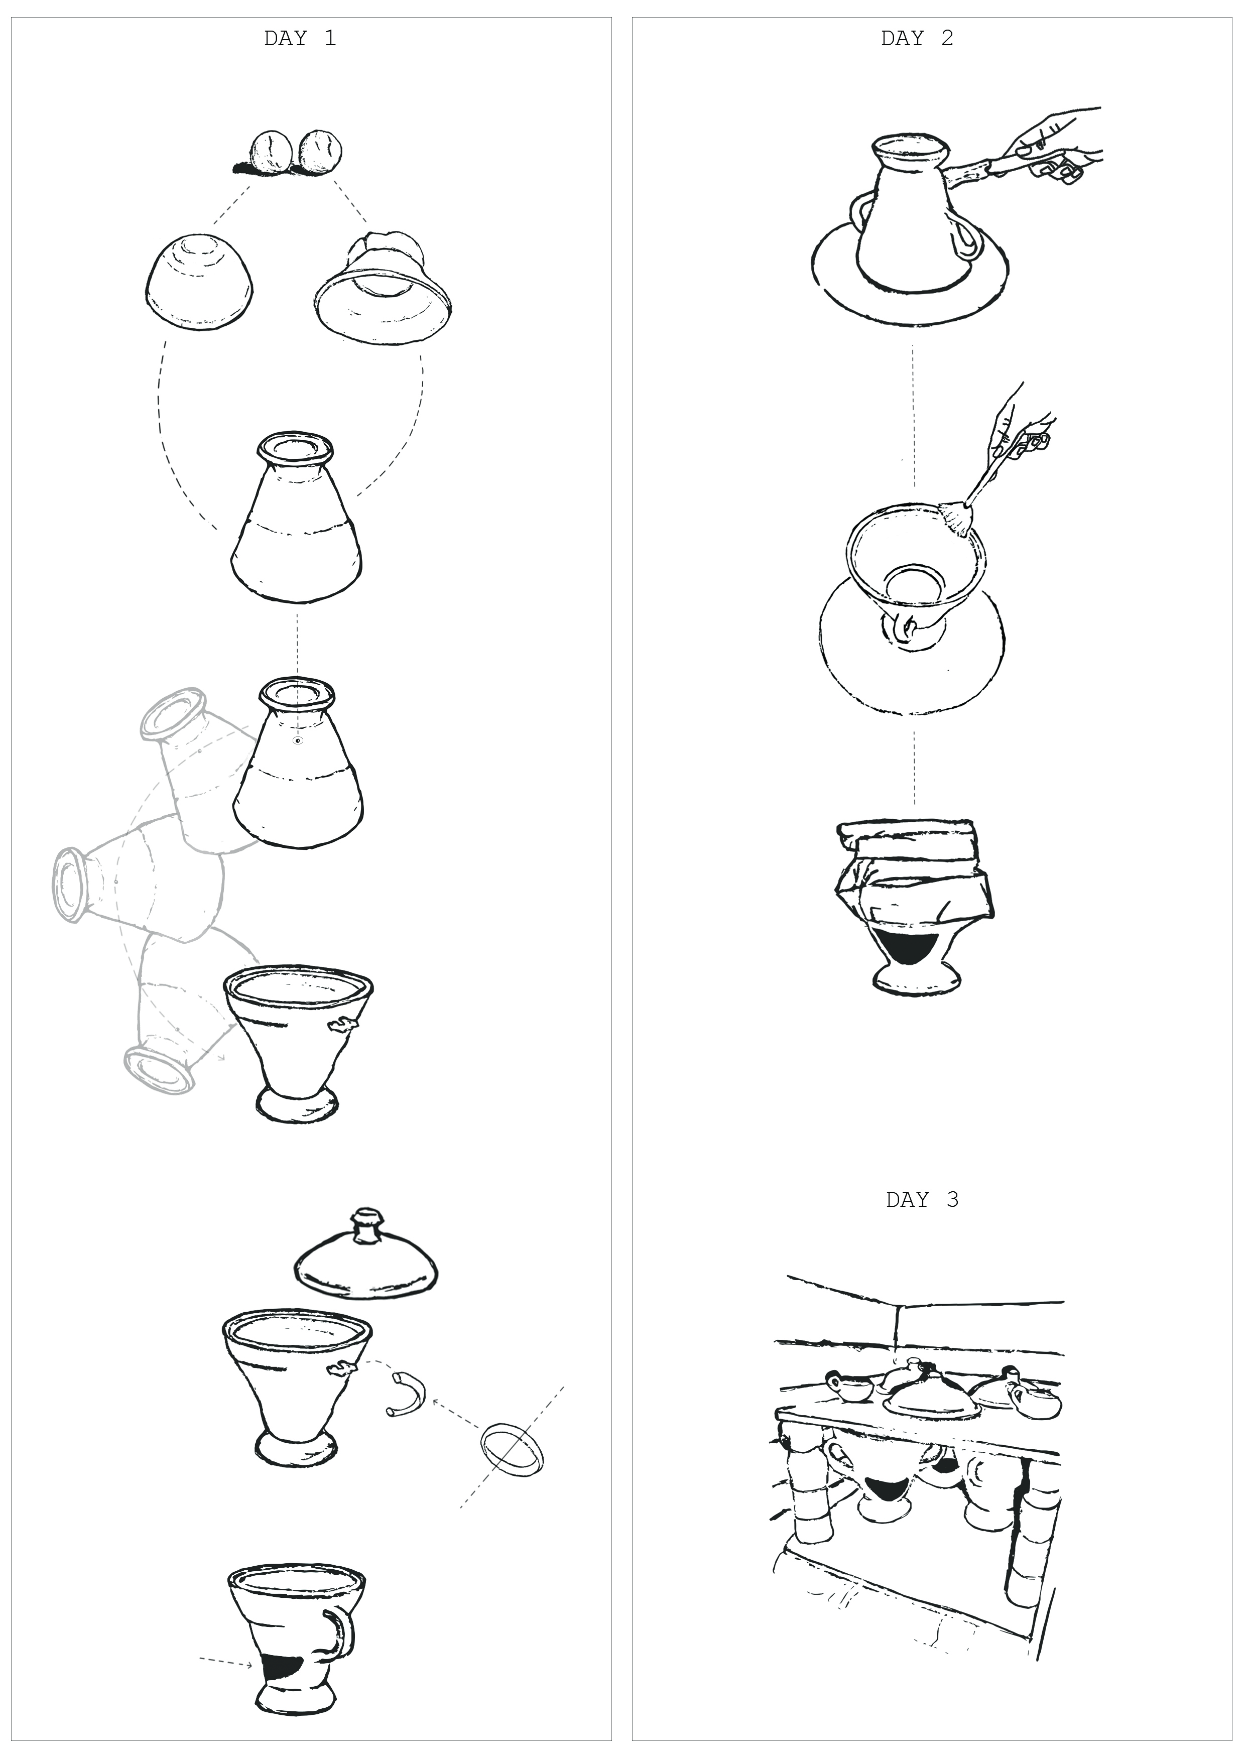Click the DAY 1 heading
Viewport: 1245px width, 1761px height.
click(300, 38)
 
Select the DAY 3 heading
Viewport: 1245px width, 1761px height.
click(922, 1200)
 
